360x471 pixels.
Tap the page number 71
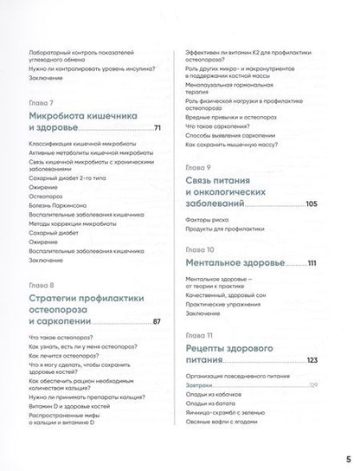pyautogui.click(x=158, y=129)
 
